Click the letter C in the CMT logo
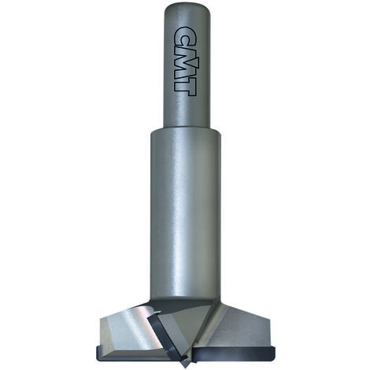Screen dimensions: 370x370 (185, 35)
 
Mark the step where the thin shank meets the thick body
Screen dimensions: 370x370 (186, 131)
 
